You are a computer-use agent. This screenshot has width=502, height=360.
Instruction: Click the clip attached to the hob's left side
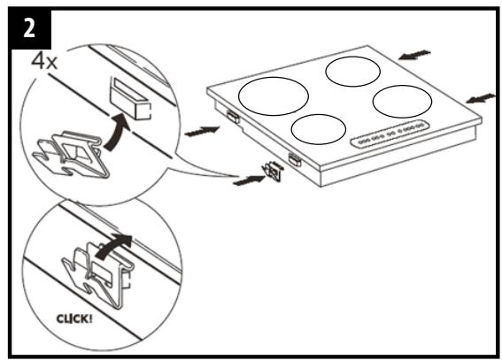click(232, 115)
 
